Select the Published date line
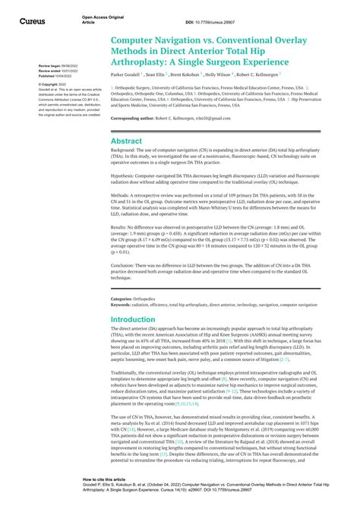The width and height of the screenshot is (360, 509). tap(55, 77)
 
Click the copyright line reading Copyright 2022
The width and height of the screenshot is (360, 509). tap(52, 84)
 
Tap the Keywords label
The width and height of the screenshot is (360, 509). tap(124, 283)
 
